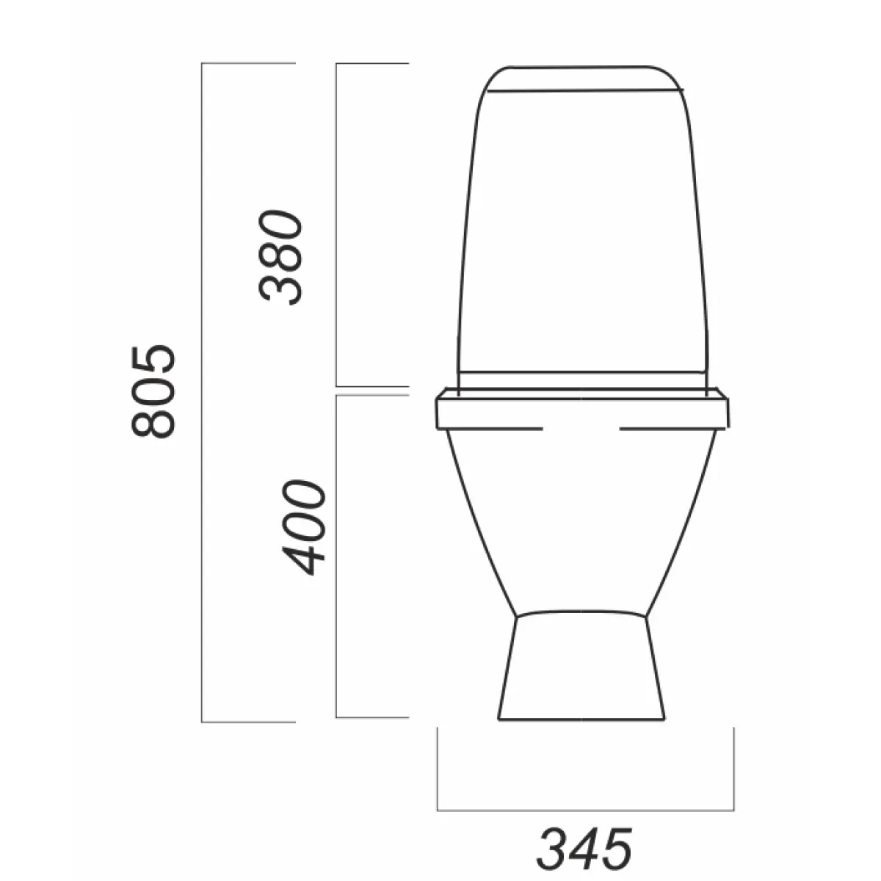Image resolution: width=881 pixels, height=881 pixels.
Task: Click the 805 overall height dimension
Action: point(153,392)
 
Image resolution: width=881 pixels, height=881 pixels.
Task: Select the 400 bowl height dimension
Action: point(304,527)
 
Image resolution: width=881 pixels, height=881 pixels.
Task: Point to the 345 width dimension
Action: point(584,837)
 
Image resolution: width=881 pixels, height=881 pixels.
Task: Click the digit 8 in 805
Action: point(153,423)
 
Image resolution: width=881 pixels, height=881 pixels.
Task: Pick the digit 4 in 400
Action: point(304,560)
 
